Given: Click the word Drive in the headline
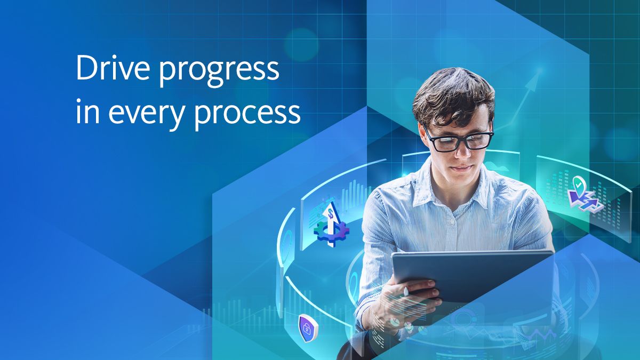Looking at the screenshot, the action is (x=113, y=68).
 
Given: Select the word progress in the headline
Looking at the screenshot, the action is (x=219, y=71).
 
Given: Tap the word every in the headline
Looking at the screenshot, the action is (x=146, y=114).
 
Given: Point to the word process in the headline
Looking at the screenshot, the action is (x=247, y=114).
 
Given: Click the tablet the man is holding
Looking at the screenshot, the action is (x=473, y=276).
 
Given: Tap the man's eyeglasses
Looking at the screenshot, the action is (x=459, y=140).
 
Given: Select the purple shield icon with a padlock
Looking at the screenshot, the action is (x=308, y=328).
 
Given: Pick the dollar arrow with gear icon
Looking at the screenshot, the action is (x=331, y=224).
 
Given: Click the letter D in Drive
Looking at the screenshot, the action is (x=86, y=68).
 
